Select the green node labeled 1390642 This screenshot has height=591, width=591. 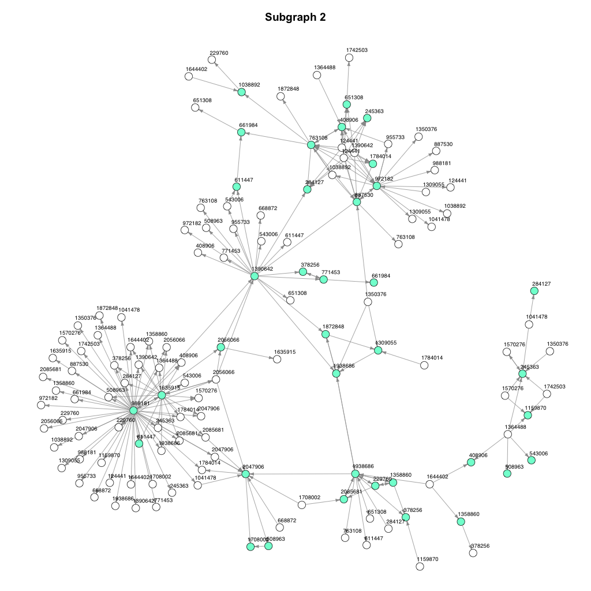click(255, 276)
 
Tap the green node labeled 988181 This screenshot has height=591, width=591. click(133, 410)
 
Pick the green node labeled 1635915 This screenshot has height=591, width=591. click(162, 395)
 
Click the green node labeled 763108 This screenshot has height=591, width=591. click(311, 145)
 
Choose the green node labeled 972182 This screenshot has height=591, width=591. click(377, 186)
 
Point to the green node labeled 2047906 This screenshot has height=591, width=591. click(245, 474)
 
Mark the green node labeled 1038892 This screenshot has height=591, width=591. click(242, 92)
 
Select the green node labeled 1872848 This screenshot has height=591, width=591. click(326, 334)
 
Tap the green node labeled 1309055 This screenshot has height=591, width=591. click(378, 350)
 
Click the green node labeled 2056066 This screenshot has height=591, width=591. click(220, 347)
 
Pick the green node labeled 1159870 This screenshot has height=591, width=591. click(528, 415)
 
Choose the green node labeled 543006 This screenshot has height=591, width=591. click(532, 460)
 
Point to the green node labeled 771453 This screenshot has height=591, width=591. click(323, 279)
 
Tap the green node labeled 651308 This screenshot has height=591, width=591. click(347, 104)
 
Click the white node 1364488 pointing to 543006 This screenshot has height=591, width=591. click(508, 434)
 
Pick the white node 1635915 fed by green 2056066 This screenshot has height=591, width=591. click(277, 360)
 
